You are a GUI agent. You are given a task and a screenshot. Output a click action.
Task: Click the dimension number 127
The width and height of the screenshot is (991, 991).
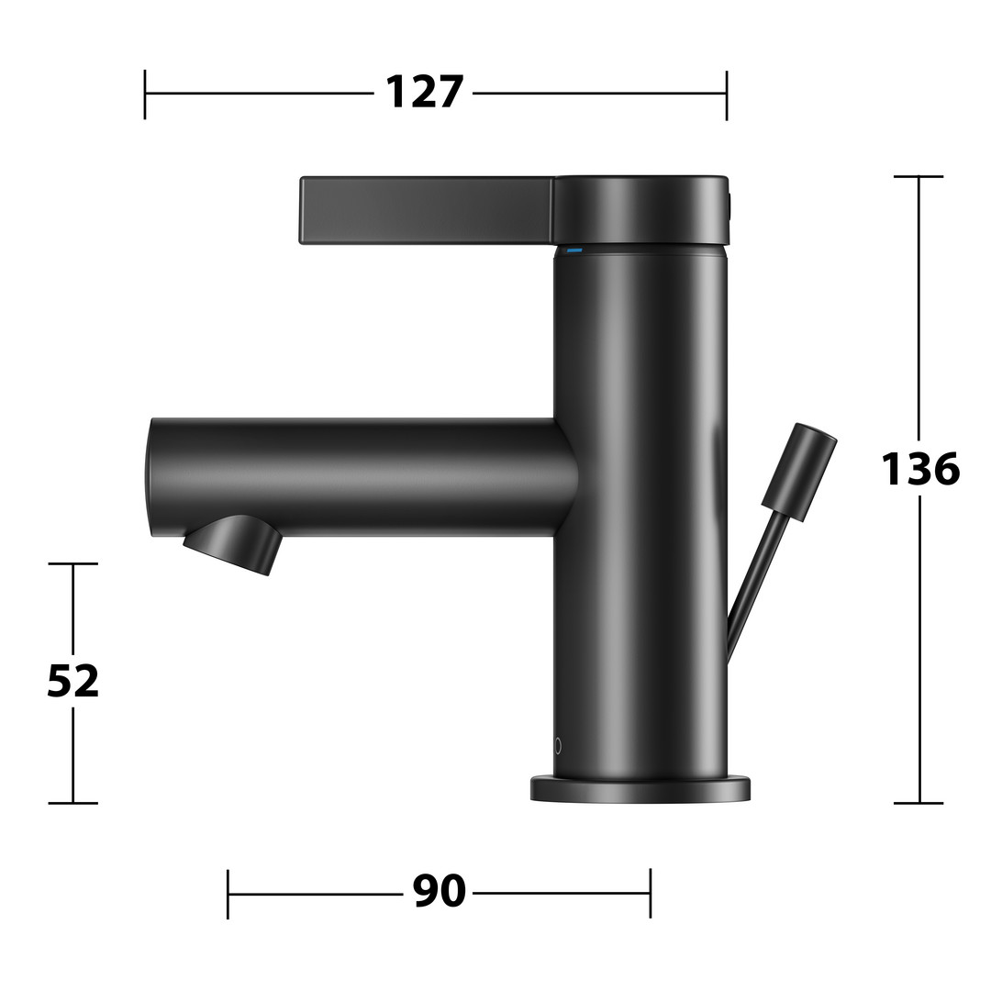424,93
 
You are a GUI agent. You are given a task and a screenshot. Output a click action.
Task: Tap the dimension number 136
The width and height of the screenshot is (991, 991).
920,469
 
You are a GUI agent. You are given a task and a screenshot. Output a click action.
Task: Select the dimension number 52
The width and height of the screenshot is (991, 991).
73,681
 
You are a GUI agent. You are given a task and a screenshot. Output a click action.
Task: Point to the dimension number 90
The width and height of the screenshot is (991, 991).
440,891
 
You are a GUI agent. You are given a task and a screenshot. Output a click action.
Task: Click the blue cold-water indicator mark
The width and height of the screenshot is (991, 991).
573,251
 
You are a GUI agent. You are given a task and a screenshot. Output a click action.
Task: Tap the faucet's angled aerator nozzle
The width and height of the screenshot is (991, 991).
232,544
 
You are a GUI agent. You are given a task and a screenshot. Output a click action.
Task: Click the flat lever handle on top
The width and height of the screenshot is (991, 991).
428,210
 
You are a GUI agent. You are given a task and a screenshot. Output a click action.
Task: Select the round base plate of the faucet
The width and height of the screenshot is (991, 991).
640,789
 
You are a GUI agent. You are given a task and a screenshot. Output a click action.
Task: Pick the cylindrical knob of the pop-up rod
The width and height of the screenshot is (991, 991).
799,473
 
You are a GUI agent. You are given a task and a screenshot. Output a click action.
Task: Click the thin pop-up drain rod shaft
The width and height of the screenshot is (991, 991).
751,588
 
